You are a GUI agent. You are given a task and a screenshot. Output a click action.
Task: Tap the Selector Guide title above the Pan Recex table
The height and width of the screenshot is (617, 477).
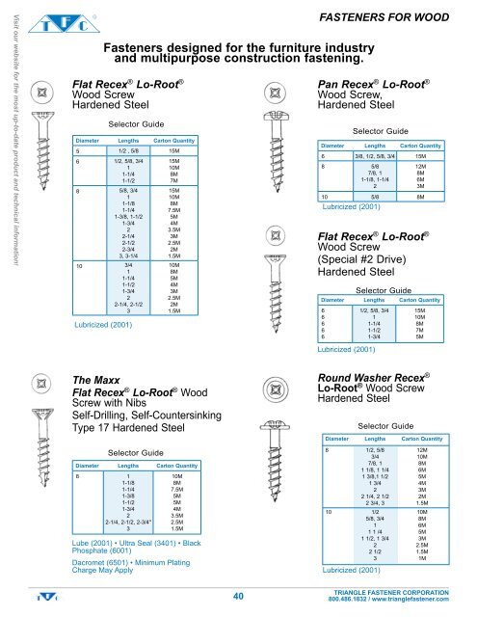(382, 129)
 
